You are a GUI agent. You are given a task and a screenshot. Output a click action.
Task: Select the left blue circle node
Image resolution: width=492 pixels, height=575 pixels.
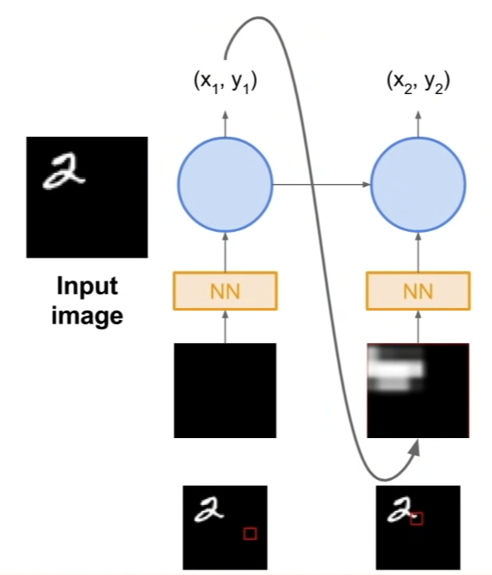tap(225, 183)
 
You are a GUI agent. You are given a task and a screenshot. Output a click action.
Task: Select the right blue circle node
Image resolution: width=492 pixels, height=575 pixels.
tap(418, 183)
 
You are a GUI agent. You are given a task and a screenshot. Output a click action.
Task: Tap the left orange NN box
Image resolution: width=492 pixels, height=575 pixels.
tap(225, 290)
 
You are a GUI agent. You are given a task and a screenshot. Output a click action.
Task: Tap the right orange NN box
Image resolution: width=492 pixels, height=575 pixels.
tap(418, 290)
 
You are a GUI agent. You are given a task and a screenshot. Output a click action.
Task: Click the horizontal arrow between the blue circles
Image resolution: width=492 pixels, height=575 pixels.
tap(321, 183)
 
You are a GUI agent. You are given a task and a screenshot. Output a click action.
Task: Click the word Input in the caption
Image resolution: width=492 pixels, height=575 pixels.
tap(87, 286)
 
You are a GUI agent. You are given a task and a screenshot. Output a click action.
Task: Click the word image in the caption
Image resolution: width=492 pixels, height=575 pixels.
tap(87, 315)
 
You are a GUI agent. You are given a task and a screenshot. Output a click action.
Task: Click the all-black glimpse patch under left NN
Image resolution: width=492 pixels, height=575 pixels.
tap(225, 390)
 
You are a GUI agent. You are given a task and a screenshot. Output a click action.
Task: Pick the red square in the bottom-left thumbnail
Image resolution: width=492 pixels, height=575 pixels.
tap(249, 533)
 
